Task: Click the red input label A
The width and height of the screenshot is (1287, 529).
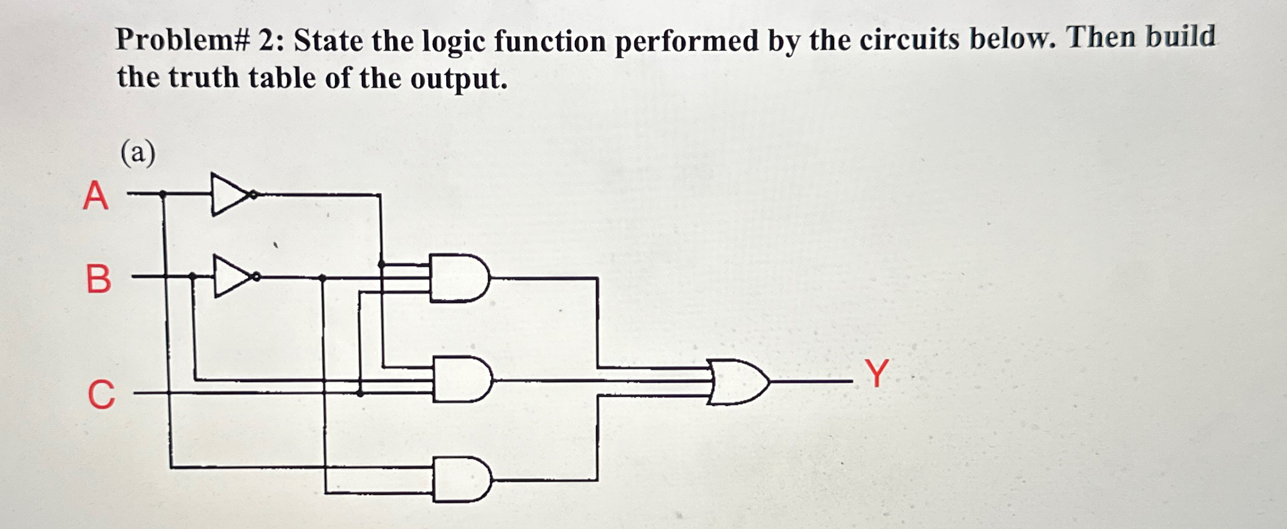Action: click(x=96, y=196)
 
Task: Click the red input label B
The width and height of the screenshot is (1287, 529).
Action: click(x=98, y=279)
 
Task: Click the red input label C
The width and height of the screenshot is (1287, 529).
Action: click(x=101, y=394)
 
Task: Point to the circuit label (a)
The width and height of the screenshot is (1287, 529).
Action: click(x=138, y=152)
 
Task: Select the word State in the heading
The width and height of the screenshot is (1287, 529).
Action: click(x=328, y=41)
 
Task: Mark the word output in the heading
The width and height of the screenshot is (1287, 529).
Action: click(x=458, y=79)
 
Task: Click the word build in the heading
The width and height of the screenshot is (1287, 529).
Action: click(x=1180, y=36)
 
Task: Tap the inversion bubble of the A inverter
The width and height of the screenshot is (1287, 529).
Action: click(x=254, y=194)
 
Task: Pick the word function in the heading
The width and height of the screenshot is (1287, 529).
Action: click(x=549, y=41)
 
